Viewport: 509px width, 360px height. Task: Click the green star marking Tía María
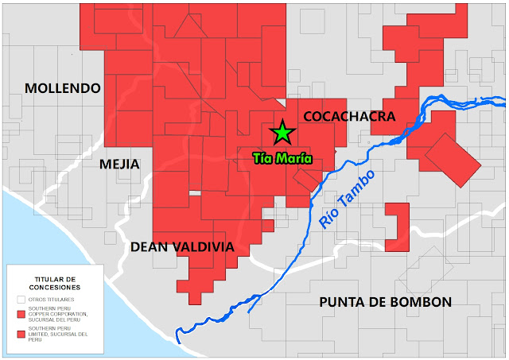tap(282, 132)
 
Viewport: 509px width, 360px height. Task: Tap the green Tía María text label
tap(282, 157)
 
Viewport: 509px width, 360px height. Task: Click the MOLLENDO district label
tap(63, 88)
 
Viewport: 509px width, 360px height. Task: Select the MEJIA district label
tap(119, 165)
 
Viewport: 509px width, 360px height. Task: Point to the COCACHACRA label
tap(349, 117)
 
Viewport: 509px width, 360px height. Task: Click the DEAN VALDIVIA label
tap(182, 247)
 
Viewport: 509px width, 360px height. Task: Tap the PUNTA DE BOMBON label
tap(386, 302)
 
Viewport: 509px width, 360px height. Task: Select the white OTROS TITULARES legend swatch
tap(21, 300)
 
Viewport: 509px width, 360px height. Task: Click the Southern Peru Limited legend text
tap(59, 335)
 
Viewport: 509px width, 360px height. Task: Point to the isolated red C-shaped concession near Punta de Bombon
tap(396, 227)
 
